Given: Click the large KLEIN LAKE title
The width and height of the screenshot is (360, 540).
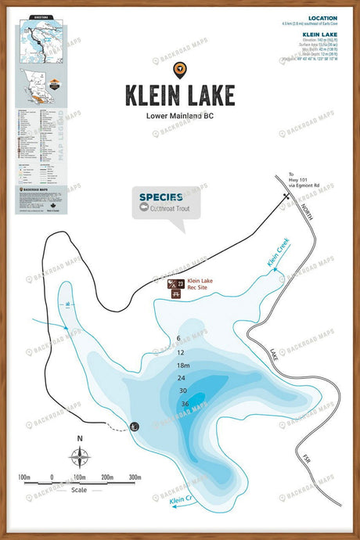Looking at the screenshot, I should (179, 95).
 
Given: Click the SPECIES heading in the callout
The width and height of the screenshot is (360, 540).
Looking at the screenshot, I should (161, 197).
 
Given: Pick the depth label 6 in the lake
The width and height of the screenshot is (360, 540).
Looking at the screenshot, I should (179, 338).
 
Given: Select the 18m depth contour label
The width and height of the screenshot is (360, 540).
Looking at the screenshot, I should (183, 365).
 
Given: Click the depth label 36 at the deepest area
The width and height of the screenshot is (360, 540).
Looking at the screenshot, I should (185, 404).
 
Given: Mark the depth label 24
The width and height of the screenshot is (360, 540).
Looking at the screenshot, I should (182, 378).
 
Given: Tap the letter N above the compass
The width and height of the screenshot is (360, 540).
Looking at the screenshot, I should (79, 438).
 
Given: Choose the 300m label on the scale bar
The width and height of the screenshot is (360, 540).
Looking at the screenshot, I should (134, 476).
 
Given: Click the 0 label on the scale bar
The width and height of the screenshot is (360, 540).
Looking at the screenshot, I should (52, 476).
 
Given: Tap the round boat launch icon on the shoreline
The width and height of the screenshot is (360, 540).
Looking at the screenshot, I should (134, 426).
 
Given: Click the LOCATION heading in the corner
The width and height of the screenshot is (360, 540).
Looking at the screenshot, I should (322, 18).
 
